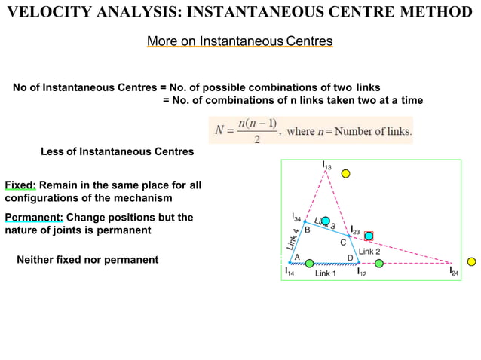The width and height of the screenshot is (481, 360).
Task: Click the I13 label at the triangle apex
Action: click(x=326, y=165)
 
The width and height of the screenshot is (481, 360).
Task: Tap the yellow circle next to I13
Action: click(x=345, y=174)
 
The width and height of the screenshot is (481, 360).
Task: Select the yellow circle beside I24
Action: click(x=471, y=262)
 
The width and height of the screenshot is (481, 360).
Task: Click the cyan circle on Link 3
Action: click(x=326, y=221)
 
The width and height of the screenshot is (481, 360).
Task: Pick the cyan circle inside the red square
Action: click(x=369, y=236)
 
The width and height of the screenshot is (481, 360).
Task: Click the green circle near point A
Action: click(x=309, y=263)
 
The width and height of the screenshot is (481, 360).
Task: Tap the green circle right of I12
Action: click(x=379, y=263)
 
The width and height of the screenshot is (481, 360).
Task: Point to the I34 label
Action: click(x=296, y=218)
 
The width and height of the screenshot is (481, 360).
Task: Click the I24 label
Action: click(x=455, y=271)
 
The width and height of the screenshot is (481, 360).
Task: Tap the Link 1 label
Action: click(x=326, y=273)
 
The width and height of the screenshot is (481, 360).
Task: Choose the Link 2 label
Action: click(x=369, y=251)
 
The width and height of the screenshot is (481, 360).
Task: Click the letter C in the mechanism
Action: click(x=343, y=243)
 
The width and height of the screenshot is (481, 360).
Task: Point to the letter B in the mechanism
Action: click(x=308, y=230)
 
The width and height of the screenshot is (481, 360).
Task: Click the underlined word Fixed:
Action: click(x=20, y=185)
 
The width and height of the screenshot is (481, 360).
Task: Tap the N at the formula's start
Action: click(x=219, y=130)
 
